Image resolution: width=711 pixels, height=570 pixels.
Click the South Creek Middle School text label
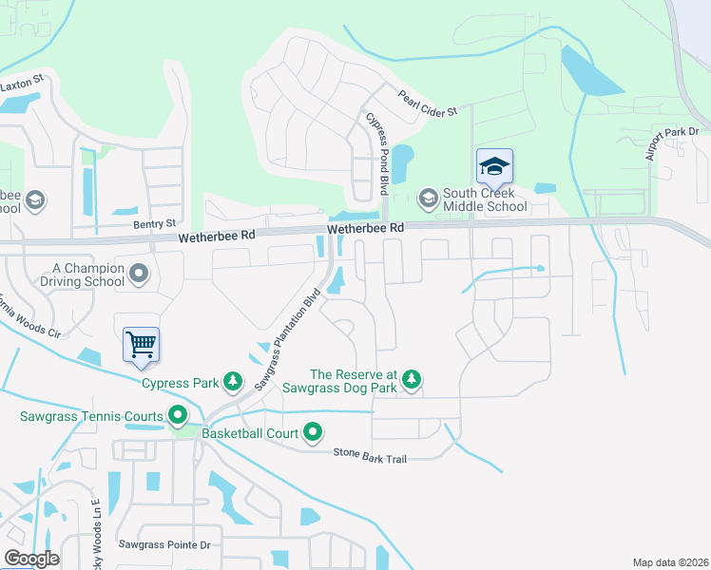click(x=484, y=199)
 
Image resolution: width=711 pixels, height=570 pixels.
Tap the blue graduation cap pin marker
click(x=494, y=168)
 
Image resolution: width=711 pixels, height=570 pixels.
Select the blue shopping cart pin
click(x=141, y=344)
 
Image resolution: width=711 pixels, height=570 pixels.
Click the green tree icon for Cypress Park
click(x=232, y=383)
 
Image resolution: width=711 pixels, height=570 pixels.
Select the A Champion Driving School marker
click(x=140, y=275)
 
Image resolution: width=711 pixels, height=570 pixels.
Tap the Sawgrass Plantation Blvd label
click(x=289, y=338)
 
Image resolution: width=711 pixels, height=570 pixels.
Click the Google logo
click(x=31, y=559)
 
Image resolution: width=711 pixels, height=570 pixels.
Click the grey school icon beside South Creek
click(x=428, y=199)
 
